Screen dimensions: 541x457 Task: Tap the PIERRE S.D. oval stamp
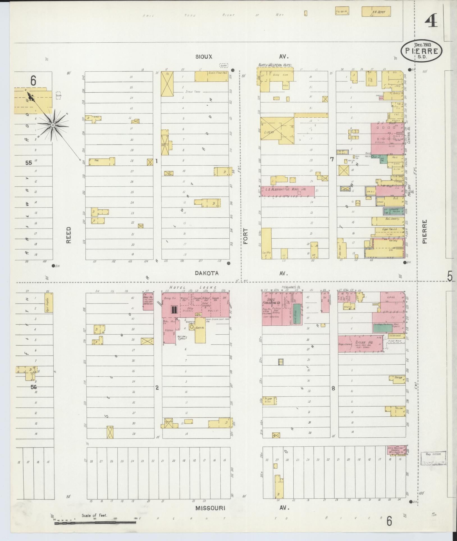point(421,51)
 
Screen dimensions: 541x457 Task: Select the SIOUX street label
point(204,57)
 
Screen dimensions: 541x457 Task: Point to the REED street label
point(69,235)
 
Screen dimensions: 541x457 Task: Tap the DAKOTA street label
point(207,273)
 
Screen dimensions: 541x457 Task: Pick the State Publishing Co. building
point(272,309)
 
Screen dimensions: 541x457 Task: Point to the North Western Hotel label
point(275,65)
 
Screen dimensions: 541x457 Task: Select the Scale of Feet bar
point(95,523)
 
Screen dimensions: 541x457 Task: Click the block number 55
point(29,163)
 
